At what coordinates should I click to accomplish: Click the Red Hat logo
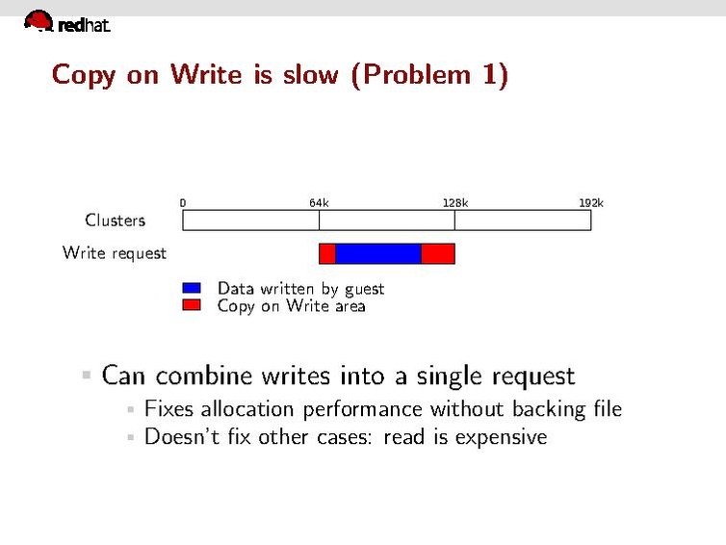tap(65, 22)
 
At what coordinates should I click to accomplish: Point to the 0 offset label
tap(183, 203)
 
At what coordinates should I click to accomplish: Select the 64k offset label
tap(319, 203)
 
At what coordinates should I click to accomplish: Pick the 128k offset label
tap(455, 203)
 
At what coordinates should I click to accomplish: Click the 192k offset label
tap(591, 203)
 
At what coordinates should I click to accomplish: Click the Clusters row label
tap(115, 221)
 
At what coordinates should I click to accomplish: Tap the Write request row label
tap(114, 253)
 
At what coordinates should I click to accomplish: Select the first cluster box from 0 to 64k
tap(250, 221)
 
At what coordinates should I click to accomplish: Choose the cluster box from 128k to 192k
tap(523, 221)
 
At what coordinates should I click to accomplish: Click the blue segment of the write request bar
tap(378, 253)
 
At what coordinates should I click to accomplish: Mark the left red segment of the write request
tap(327, 253)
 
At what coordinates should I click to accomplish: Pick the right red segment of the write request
tap(438, 253)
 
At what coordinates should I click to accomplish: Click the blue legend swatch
tap(192, 288)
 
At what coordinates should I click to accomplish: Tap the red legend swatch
tap(192, 305)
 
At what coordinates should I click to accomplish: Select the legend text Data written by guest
tap(300, 288)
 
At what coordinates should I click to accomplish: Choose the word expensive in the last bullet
tap(501, 438)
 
